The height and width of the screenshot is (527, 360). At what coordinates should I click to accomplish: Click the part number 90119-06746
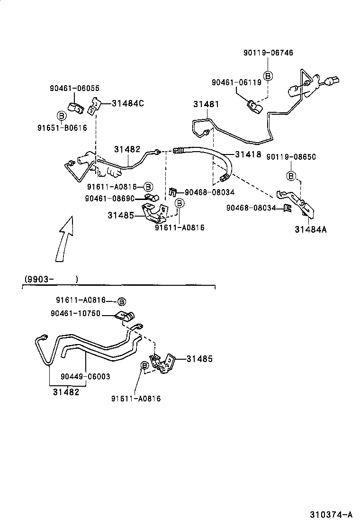tap(268, 53)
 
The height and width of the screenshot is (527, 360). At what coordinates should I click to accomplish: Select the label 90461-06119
tap(236, 82)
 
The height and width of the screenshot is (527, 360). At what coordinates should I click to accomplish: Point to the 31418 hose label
tap(249, 154)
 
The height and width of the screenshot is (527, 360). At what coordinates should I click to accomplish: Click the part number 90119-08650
tap(291, 157)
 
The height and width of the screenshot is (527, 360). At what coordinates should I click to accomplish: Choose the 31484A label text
tap(311, 230)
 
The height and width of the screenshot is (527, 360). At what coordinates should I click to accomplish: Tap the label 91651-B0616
tap(62, 127)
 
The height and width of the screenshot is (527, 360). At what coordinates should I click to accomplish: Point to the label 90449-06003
tap(85, 376)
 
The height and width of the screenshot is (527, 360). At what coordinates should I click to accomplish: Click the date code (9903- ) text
tap(51, 279)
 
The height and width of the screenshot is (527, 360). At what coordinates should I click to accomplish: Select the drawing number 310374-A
tap(332, 515)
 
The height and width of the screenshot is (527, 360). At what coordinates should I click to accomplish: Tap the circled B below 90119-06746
tap(268, 76)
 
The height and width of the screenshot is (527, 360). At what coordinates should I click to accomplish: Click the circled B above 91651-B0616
tap(61, 115)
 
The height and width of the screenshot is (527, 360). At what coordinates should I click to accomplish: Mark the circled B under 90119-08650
tap(291, 176)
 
